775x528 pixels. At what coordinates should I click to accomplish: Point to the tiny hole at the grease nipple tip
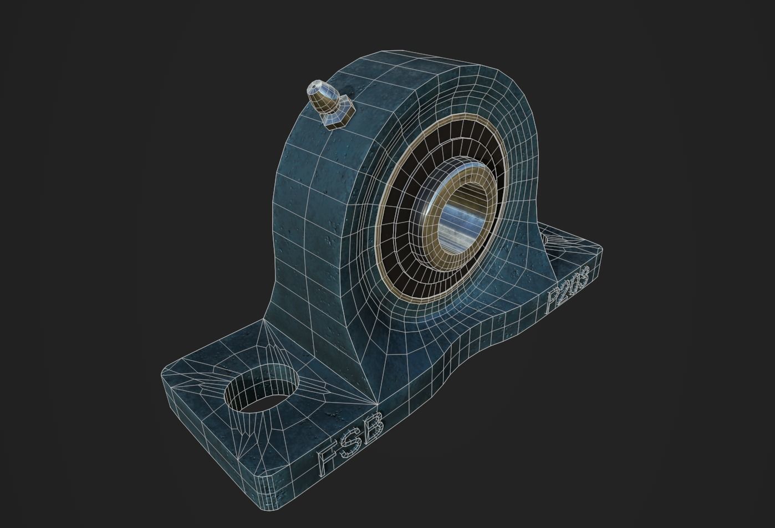315,85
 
